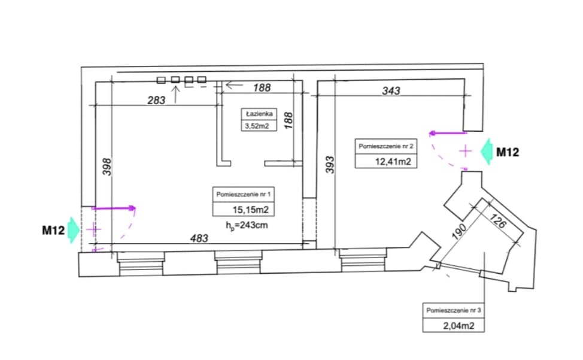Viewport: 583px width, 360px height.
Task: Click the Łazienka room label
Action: tap(259, 114)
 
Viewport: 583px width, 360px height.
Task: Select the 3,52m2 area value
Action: tap(257, 126)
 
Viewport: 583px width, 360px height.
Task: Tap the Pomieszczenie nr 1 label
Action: tap(244, 194)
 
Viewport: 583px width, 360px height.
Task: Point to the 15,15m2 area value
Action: tap(251, 210)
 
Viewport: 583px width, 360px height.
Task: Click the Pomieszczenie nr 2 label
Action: tap(386, 146)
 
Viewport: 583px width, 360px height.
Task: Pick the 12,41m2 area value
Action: tap(393, 161)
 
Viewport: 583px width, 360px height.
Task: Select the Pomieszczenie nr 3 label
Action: tap(454, 310)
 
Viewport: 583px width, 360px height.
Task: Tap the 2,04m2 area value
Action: tap(459, 326)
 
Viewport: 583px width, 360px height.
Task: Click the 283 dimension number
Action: tap(156, 100)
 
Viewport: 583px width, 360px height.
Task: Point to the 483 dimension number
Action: tap(199, 238)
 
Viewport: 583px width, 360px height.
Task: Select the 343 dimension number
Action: tap(391, 90)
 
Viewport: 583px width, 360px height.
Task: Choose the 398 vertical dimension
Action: tap(107, 167)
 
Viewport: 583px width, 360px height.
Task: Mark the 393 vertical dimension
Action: tap(330, 165)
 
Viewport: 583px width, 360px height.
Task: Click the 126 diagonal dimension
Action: tap(497, 221)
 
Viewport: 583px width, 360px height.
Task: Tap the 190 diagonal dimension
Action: tap(459, 231)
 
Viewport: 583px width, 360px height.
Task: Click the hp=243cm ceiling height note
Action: tap(247, 225)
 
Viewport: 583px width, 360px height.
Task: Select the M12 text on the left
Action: tap(53, 231)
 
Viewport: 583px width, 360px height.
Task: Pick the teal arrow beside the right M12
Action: tap(487, 152)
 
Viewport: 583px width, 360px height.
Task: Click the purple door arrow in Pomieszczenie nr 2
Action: tap(448, 133)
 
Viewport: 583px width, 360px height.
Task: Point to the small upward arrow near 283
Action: tap(175, 94)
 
